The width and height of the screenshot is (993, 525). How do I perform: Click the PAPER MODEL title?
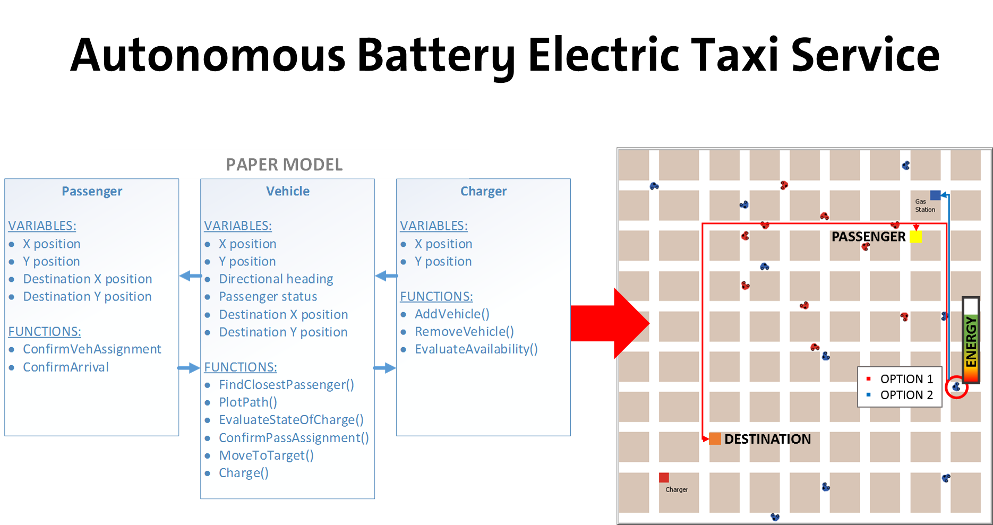284,165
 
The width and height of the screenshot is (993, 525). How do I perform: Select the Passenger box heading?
92,191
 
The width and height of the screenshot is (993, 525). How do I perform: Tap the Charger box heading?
483,191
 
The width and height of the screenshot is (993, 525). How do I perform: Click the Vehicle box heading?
288,191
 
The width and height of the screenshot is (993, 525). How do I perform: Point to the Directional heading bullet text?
276,279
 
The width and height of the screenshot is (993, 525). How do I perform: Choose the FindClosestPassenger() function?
286,384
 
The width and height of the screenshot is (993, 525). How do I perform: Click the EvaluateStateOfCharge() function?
291,419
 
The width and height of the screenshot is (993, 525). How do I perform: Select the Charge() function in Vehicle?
244,472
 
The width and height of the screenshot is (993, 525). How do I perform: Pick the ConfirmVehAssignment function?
92,349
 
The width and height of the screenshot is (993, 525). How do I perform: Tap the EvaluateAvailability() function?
476,349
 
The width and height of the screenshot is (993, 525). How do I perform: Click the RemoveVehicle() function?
464,331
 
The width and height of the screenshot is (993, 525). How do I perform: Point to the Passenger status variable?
268,296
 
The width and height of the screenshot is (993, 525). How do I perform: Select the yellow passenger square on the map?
915,237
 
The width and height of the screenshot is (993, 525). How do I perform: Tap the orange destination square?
715,438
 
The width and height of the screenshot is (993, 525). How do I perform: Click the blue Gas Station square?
936,195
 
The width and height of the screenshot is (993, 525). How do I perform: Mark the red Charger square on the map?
664,478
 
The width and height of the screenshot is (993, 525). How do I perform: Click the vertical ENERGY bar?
971,340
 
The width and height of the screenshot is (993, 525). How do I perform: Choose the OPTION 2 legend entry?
906,395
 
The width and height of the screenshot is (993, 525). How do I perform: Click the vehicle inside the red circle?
956,387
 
